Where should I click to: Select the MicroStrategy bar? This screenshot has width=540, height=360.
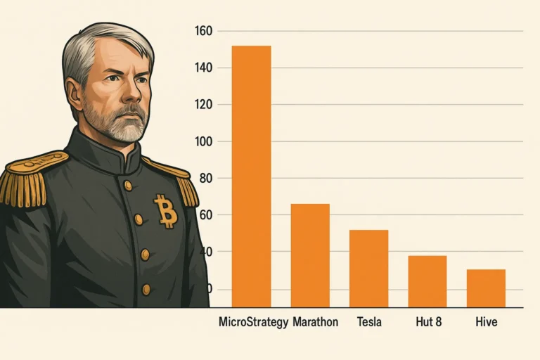pyautogui.click(x=252, y=176)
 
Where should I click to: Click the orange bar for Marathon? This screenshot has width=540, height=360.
pyautogui.click(x=310, y=256)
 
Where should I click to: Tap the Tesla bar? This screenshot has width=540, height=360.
pyautogui.click(x=369, y=269)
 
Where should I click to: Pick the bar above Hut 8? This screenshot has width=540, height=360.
pyautogui.click(x=427, y=281)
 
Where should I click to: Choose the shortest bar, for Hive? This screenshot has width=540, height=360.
pyautogui.click(x=487, y=288)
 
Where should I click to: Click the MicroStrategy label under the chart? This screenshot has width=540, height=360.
pyautogui.click(x=253, y=323)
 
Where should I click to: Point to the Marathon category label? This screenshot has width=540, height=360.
pyautogui.click(x=316, y=322)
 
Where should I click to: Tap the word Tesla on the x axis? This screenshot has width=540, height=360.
pyautogui.click(x=369, y=322)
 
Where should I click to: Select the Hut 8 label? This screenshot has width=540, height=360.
pyautogui.click(x=428, y=322)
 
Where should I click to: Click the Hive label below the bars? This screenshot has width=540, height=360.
pyautogui.click(x=487, y=322)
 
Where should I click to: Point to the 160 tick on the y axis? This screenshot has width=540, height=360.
pyautogui.click(x=203, y=32)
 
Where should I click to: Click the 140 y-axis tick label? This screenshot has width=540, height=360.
pyautogui.click(x=203, y=68)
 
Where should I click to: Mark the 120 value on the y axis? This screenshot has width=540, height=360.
pyautogui.click(x=203, y=105)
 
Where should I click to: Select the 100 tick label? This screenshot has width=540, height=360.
pyautogui.click(x=203, y=141)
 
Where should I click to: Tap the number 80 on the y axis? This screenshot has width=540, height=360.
pyautogui.click(x=206, y=179)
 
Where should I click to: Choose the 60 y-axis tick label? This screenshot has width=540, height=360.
pyautogui.click(x=206, y=215)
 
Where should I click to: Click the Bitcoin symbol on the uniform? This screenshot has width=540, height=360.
pyautogui.click(x=166, y=211)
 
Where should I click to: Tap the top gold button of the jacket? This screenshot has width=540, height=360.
pyautogui.click(x=128, y=186)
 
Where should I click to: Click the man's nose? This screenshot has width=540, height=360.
pyautogui.click(x=133, y=91)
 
